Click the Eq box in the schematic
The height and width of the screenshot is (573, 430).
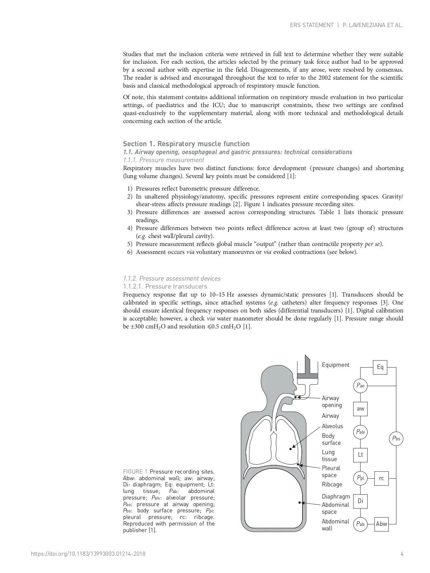(380, 367)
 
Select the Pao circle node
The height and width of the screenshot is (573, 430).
(360, 386)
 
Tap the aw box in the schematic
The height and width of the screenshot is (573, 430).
(360, 409)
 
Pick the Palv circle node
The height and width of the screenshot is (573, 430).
(360, 432)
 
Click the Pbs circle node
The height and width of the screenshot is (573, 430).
(396, 439)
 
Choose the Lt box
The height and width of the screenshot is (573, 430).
(360, 455)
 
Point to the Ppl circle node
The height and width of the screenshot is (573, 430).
(360, 478)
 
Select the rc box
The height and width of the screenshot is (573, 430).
(381, 478)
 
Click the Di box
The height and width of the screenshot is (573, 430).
(360, 501)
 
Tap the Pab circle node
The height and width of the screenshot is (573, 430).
(360, 524)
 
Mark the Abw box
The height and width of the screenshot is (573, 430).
(381, 524)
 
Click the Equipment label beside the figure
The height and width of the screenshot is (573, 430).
(335, 365)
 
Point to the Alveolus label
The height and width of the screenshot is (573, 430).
(332, 426)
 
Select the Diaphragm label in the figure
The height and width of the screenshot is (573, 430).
(336, 496)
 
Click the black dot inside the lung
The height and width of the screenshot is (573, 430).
(291, 449)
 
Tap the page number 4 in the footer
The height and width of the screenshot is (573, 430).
(402, 554)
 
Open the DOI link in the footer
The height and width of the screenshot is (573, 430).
(88, 554)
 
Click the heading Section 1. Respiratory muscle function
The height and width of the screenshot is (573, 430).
(186, 144)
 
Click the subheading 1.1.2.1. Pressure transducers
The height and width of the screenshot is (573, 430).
(165, 286)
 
